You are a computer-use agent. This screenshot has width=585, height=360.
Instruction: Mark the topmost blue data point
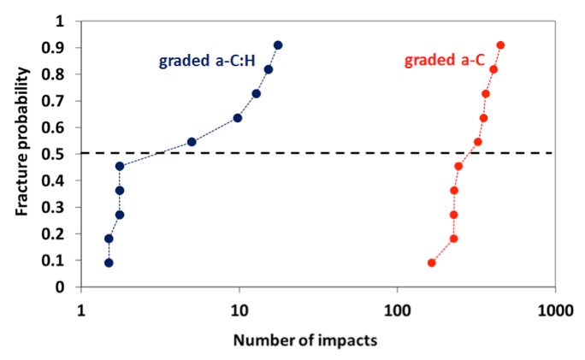278,45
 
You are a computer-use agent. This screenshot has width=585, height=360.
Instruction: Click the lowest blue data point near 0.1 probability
109,263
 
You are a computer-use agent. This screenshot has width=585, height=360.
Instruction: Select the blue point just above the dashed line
192,142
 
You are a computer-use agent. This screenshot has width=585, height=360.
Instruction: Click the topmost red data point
500,45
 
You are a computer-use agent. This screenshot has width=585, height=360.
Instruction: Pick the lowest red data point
431,263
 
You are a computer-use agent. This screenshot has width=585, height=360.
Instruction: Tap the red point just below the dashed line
458,166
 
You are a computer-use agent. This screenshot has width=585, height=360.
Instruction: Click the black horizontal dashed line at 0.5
342,154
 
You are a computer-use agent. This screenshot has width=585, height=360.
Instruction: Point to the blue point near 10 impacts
238,118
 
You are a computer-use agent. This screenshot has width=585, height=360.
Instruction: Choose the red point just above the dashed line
477,142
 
